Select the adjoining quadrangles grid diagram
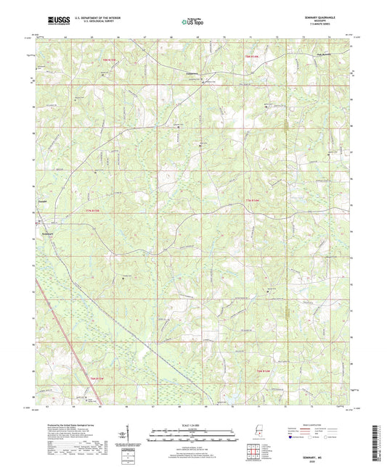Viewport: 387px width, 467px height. (251, 450)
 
